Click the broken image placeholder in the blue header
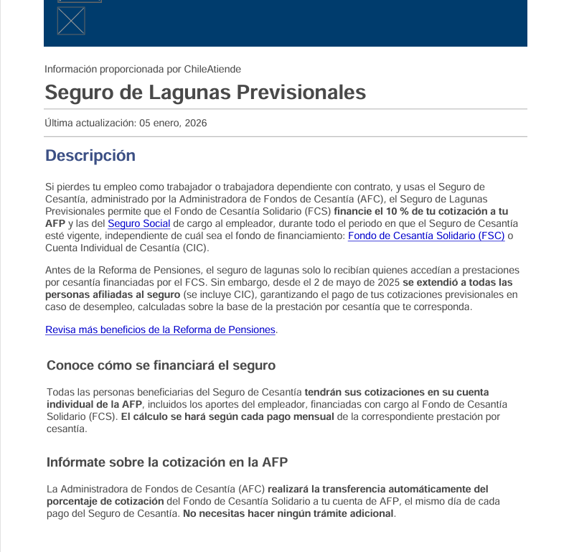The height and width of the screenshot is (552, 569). point(71,21)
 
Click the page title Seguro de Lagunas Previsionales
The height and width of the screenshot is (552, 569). point(205,92)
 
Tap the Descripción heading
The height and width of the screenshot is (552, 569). point(90,156)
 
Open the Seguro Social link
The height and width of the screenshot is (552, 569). point(138,223)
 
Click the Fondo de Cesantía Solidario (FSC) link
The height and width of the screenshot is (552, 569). point(425,235)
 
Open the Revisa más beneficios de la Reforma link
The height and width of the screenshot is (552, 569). point(160,330)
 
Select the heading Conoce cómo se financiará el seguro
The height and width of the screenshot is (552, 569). point(161,365)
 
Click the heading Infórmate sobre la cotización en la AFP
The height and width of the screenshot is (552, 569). point(167,462)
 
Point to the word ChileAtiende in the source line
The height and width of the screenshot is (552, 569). point(212,69)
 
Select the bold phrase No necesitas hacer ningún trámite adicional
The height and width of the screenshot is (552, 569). point(288,514)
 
